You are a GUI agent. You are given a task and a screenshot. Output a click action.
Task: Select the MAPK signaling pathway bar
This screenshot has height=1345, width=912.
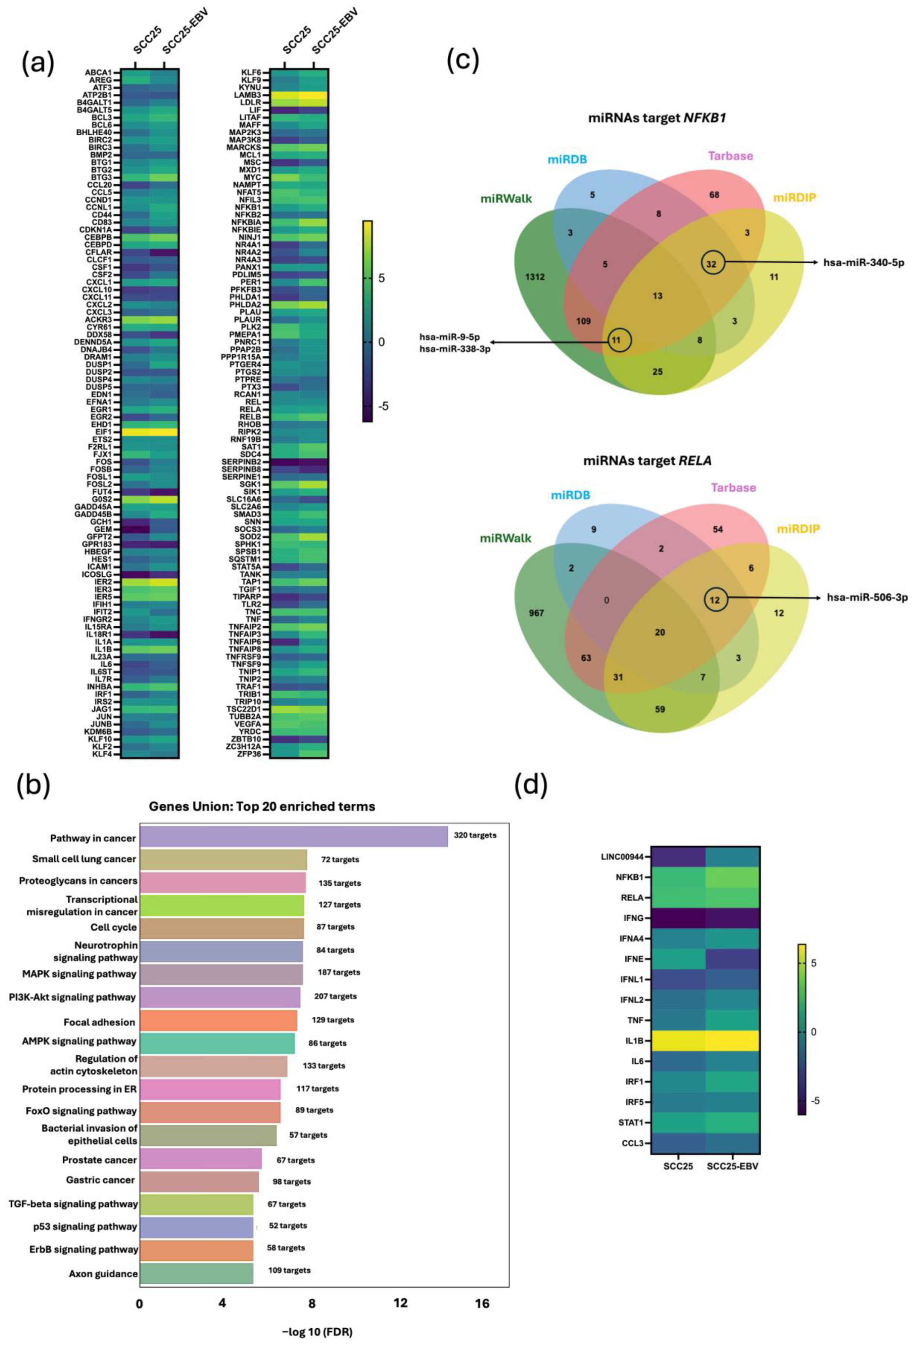221,974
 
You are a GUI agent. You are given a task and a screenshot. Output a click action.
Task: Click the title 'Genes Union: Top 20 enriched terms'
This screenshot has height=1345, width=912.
262,806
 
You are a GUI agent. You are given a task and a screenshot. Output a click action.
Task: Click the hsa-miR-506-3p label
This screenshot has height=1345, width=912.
867,597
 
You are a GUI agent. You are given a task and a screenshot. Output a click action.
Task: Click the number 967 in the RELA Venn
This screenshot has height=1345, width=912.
536,612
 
